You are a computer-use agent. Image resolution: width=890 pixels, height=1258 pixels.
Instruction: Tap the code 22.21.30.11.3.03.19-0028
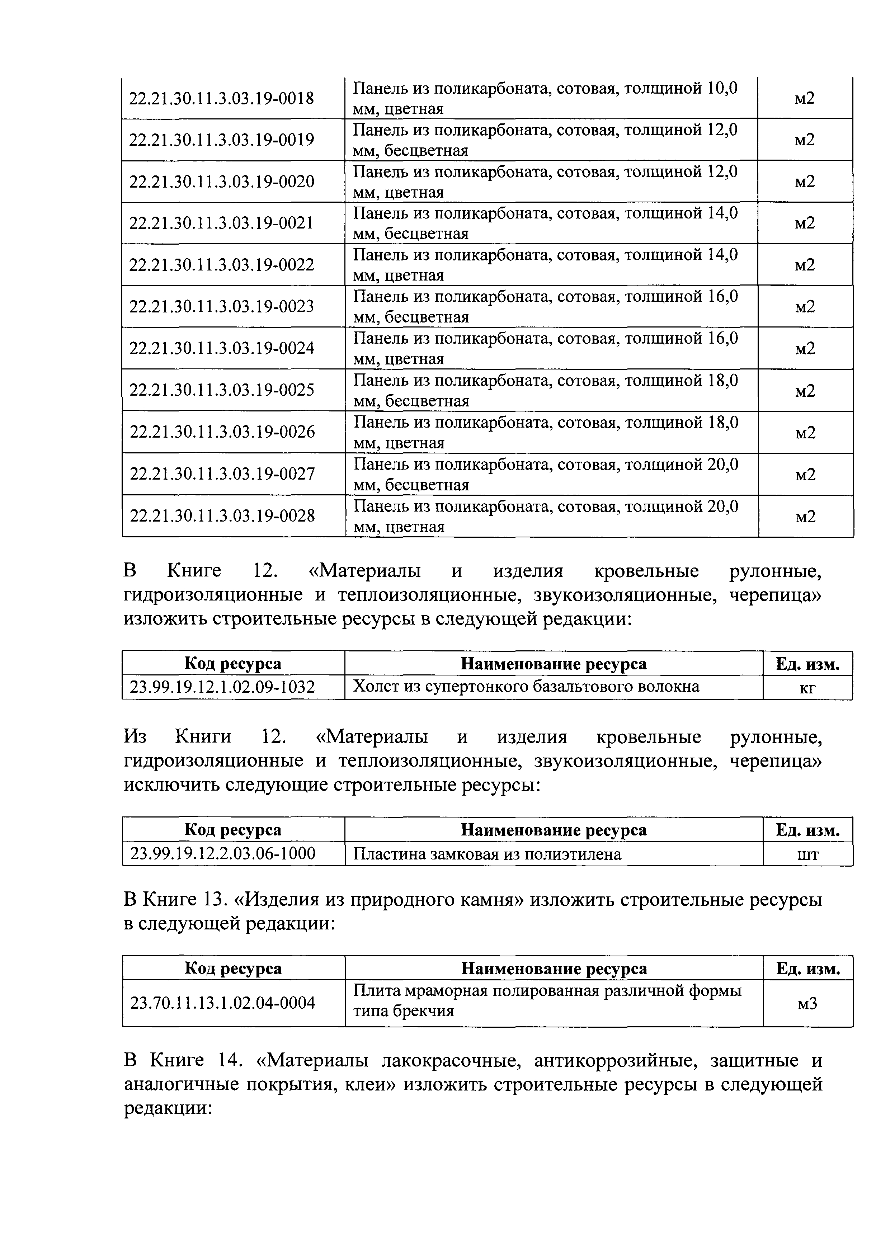tap(222, 515)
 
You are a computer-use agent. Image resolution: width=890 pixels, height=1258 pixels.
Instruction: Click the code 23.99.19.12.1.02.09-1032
tap(222, 687)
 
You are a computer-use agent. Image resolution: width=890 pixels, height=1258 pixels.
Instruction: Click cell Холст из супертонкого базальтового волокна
tap(526, 687)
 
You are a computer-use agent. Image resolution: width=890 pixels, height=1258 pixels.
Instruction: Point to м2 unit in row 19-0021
tap(805, 223)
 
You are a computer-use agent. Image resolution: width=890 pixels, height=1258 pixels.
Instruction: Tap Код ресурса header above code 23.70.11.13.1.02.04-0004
tap(233, 969)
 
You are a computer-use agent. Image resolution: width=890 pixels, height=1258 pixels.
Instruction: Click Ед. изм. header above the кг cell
tap(807, 664)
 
